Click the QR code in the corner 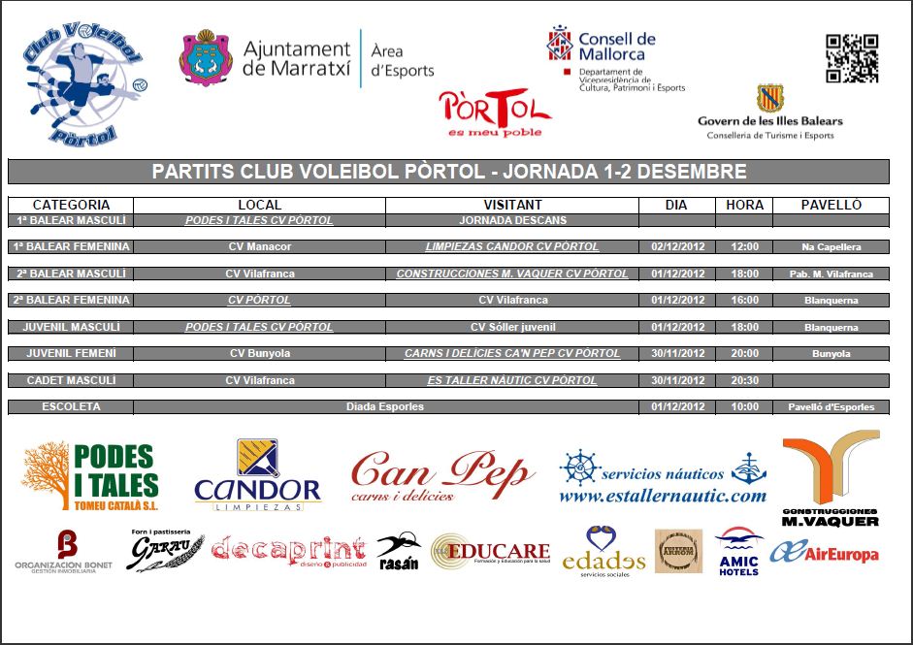[x=852, y=58]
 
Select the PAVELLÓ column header [x=831, y=205]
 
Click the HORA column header [x=744, y=205]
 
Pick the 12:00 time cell [x=744, y=247]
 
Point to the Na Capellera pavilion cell [x=831, y=247]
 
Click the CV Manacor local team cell [x=259, y=247]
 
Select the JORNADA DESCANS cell [x=512, y=220]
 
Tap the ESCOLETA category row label [x=71, y=406]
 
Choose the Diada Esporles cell [x=385, y=406]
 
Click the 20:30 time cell [x=744, y=380]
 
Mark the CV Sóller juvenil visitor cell [x=512, y=327]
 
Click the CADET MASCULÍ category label [x=71, y=380]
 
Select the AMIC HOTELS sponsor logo [x=738, y=553]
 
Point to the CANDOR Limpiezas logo [x=257, y=476]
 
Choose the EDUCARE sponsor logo [x=490, y=552]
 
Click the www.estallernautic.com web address [x=663, y=496]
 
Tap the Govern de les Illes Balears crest [x=769, y=99]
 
